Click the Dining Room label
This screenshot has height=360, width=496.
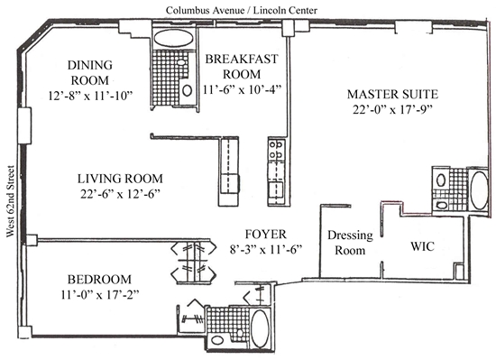[90, 72]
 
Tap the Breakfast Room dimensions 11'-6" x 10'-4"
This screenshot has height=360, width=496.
[242, 89]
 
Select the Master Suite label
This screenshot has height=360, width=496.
[392, 94]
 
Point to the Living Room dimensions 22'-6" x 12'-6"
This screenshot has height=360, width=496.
[120, 194]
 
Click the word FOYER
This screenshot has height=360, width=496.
[266, 235]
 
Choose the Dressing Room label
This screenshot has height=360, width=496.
[350, 243]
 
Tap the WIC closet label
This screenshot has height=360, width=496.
[422, 246]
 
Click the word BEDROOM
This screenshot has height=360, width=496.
[99, 280]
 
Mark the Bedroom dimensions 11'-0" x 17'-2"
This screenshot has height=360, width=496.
[100, 294]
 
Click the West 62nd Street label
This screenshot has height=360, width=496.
[11, 201]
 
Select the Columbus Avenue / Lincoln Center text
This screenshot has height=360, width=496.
[242, 11]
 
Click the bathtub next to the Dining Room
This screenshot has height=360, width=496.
[173, 39]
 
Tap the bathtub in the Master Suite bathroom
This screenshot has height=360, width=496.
[479, 190]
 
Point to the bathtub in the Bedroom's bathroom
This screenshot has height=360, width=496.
[260, 328]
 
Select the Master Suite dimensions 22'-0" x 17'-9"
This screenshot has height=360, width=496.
[392, 109]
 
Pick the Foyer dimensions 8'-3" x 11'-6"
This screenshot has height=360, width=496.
[266, 250]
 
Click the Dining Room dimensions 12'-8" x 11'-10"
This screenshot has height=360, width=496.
[90, 96]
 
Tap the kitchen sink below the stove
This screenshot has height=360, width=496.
[276, 189]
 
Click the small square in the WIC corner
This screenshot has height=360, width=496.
[459, 272]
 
